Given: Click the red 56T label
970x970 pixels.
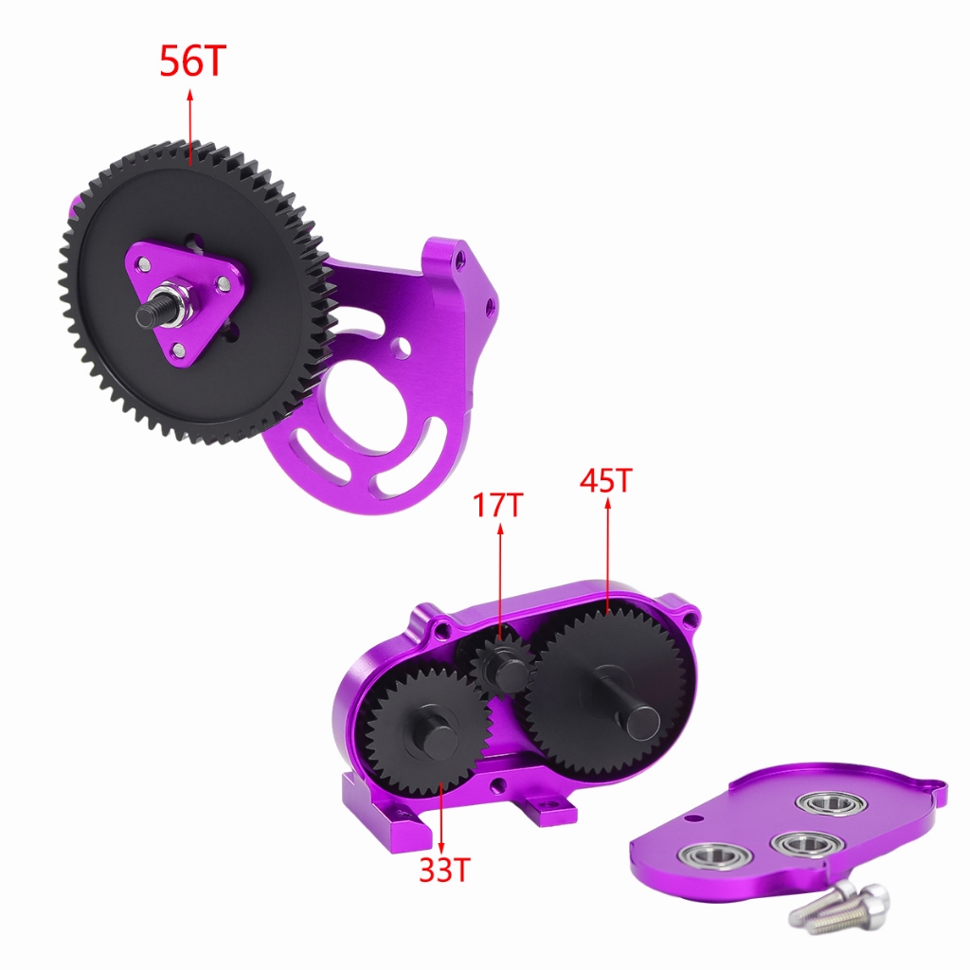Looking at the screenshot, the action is [x=193, y=61].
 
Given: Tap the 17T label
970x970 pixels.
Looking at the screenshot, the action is [x=498, y=505].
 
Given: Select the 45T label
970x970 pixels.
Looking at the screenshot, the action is [x=606, y=480].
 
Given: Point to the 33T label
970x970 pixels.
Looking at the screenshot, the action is [x=445, y=870].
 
